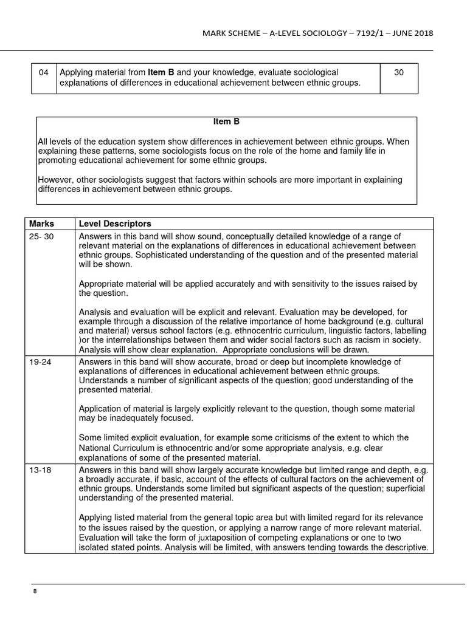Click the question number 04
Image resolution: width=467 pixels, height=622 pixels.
click(x=43, y=72)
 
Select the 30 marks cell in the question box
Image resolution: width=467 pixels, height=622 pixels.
click(x=399, y=72)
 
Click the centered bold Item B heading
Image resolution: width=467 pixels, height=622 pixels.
click(x=226, y=122)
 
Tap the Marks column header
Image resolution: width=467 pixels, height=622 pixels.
click(x=41, y=224)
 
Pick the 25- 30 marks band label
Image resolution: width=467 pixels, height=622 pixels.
click(x=42, y=237)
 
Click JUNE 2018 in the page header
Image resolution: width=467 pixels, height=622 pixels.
click(x=410, y=33)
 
